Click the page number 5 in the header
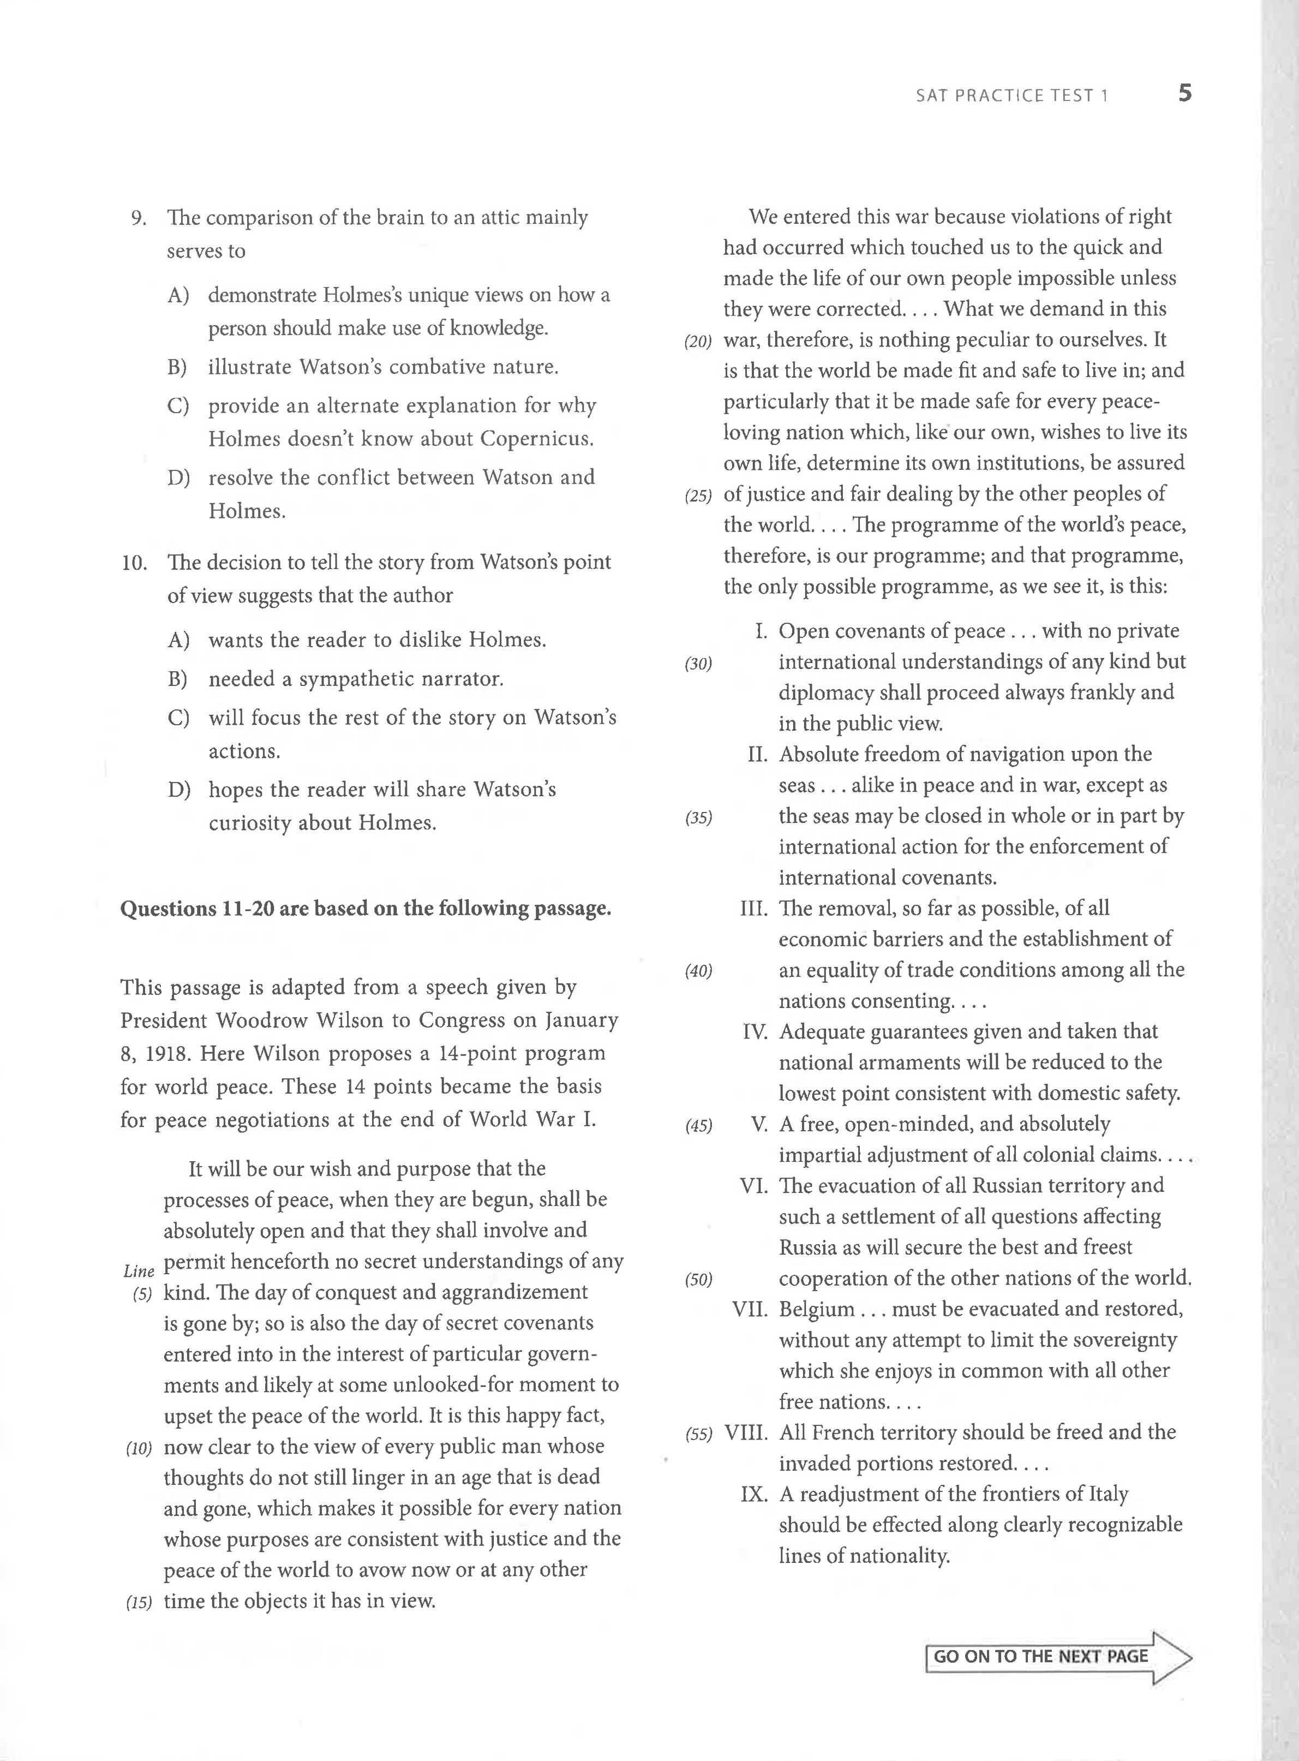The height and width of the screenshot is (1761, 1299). click(x=1184, y=94)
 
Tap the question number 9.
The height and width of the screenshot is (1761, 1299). click(x=139, y=218)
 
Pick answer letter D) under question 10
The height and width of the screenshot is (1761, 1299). click(x=178, y=790)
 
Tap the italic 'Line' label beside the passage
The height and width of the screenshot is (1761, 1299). click(x=139, y=1271)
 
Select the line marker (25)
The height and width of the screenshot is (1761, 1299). click(x=697, y=496)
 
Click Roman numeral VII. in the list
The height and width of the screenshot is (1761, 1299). click(x=750, y=1310)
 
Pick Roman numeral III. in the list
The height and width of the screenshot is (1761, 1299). click(x=753, y=909)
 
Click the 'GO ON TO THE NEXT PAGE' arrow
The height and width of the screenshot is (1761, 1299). click(x=1058, y=1656)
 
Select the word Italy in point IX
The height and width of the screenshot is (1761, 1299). click(x=1108, y=1494)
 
